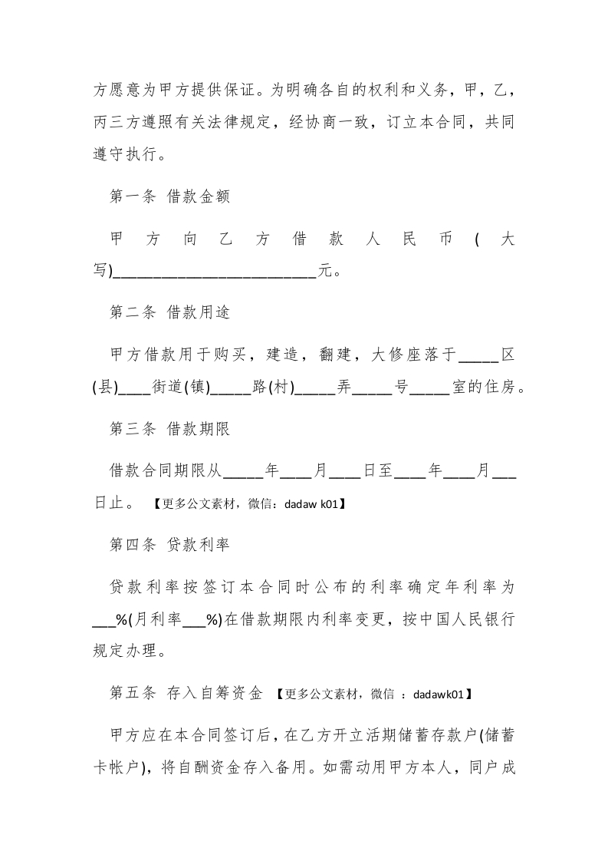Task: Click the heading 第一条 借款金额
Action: point(170,196)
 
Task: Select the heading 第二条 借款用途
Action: point(170,312)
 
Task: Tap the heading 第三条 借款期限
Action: point(170,429)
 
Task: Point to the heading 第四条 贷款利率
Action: point(170,545)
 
